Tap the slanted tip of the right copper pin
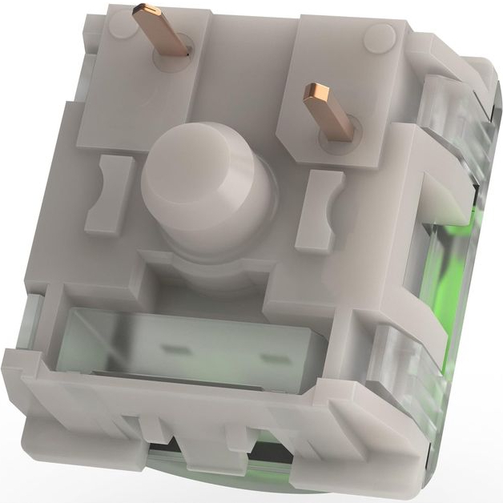(x=314, y=95)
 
